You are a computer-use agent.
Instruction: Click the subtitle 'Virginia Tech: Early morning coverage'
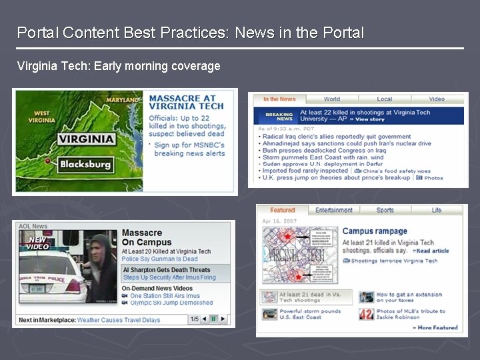click(x=119, y=66)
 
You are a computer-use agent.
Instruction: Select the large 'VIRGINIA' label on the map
click(x=86, y=139)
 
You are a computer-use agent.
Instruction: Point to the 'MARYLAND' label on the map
click(x=124, y=100)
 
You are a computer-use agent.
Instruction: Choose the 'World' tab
click(x=332, y=99)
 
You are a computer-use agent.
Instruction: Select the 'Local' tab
click(x=385, y=99)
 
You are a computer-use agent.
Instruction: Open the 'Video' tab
click(x=437, y=99)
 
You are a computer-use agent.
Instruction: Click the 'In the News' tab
click(x=279, y=99)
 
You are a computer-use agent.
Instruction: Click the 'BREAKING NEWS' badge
click(x=279, y=116)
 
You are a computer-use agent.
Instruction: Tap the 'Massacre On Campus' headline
click(x=147, y=238)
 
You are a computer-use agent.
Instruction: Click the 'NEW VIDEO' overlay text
click(x=37, y=243)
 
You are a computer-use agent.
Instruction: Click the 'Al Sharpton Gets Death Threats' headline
click(x=167, y=270)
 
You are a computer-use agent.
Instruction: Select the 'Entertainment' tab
click(x=334, y=210)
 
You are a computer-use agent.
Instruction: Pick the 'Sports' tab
click(x=385, y=210)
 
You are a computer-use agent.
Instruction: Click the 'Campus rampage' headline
click(x=375, y=231)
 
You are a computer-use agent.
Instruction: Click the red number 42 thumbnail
click(x=366, y=314)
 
